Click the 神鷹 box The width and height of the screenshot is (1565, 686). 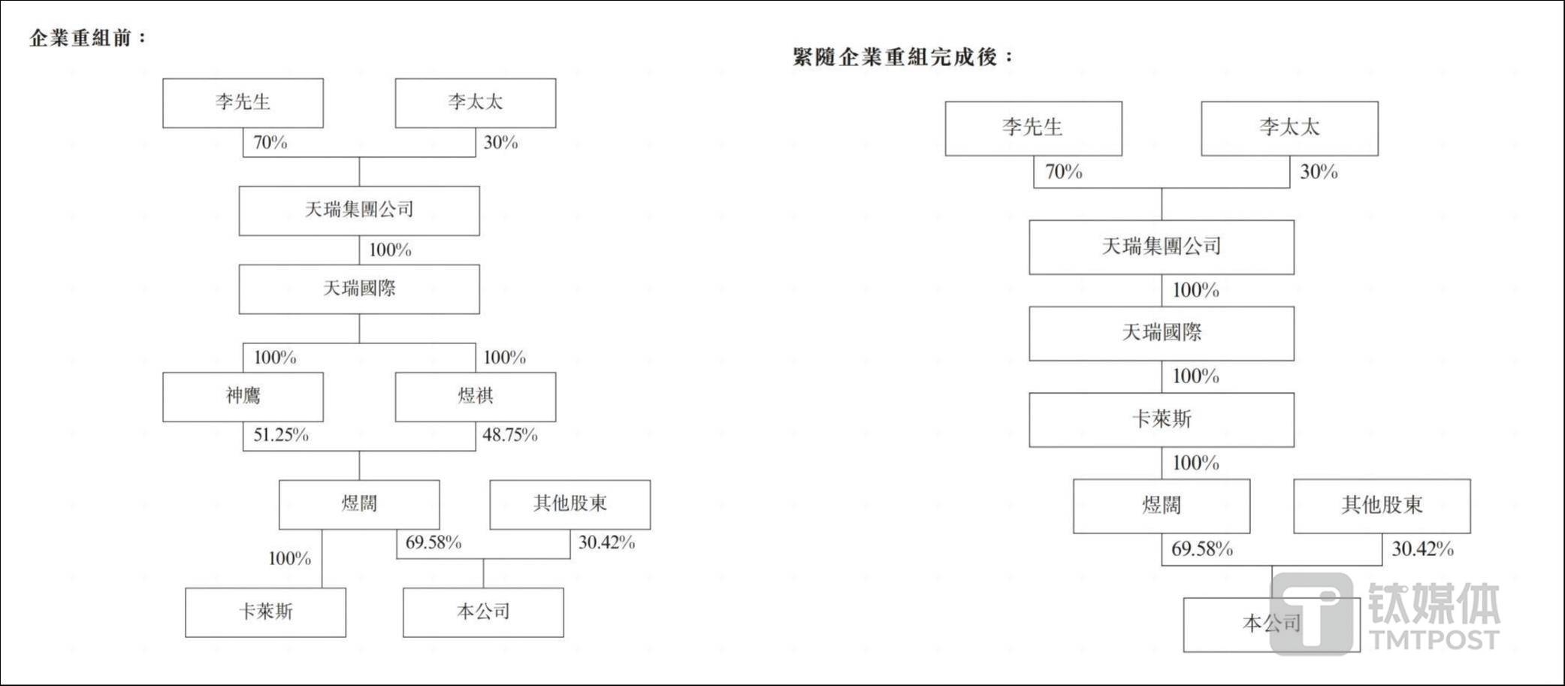pyautogui.click(x=243, y=397)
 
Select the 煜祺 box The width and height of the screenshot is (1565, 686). pyautogui.click(x=476, y=397)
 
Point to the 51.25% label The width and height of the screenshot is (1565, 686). pyautogui.click(x=281, y=435)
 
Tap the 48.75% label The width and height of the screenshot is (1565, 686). pyautogui.click(x=509, y=435)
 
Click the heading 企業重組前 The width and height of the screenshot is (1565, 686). pyautogui.click(x=87, y=38)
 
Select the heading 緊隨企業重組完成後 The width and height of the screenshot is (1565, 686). pyautogui.click(x=903, y=56)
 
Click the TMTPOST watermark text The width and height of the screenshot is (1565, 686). pyautogui.click(x=1434, y=639)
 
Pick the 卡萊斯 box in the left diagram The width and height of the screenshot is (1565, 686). pyautogui.click(x=266, y=612)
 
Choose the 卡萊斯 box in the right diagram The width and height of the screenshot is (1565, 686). pyautogui.click(x=1162, y=419)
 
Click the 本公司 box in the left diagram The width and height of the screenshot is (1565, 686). pyautogui.click(x=483, y=612)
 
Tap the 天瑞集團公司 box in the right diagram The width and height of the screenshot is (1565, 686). pyautogui.click(x=1162, y=247)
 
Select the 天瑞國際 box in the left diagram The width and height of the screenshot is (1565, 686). pyautogui.click(x=359, y=289)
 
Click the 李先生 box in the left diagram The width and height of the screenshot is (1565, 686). pyautogui.click(x=243, y=103)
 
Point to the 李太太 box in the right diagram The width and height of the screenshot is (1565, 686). pyautogui.click(x=1289, y=128)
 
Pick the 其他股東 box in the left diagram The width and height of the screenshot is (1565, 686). pyautogui.click(x=570, y=504)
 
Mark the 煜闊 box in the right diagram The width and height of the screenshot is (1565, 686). pyautogui.click(x=1162, y=506)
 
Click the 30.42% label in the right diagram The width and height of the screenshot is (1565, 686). pyautogui.click(x=1422, y=549)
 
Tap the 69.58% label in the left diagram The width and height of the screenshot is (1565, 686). pyautogui.click(x=434, y=542)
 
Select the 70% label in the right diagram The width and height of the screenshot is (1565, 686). pyautogui.click(x=1064, y=172)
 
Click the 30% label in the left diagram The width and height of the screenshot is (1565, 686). pyautogui.click(x=500, y=143)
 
